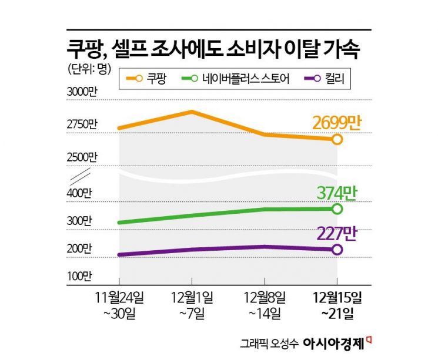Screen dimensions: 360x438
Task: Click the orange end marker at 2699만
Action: pos(337,139)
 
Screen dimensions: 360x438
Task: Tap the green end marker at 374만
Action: pos(337,208)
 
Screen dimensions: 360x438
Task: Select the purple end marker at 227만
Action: pos(337,250)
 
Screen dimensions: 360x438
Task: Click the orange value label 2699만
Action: pos(336,123)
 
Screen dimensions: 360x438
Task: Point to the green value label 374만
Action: pos(336,193)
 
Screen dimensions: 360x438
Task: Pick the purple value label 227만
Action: pos(336,233)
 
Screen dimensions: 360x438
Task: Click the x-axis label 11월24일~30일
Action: pos(120,304)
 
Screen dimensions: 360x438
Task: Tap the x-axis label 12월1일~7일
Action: pos(192,304)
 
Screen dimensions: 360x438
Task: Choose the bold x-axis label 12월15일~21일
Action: pos(337,304)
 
